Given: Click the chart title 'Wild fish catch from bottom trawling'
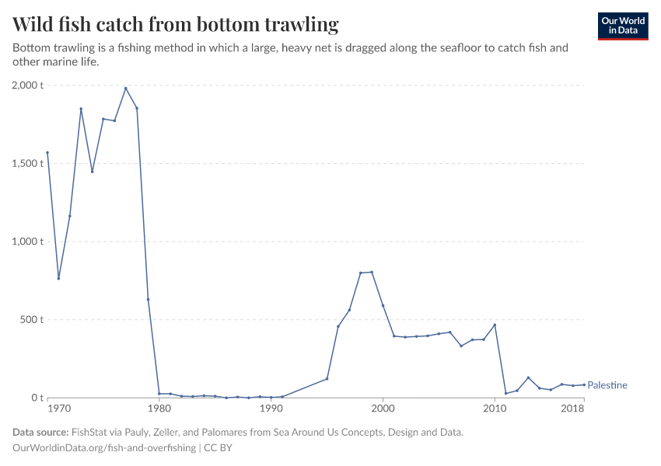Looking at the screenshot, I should [176, 25].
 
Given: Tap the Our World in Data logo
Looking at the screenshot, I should [622, 26].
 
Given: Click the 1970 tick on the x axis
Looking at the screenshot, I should [59, 409].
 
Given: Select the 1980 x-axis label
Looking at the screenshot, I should [159, 409].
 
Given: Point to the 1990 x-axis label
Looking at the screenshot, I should [271, 409].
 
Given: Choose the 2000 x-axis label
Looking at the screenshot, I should [383, 409].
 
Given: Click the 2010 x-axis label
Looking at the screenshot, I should [495, 409].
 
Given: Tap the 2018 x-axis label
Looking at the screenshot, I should [573, 409].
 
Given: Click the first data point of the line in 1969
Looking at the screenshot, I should [47, 152].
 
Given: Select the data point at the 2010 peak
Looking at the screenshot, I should [495, 325].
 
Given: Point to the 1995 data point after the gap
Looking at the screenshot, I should [327, 378].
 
